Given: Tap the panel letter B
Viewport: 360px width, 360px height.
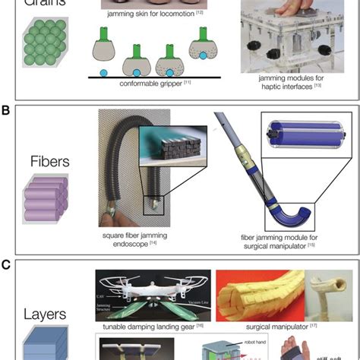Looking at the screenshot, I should point(6,110).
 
